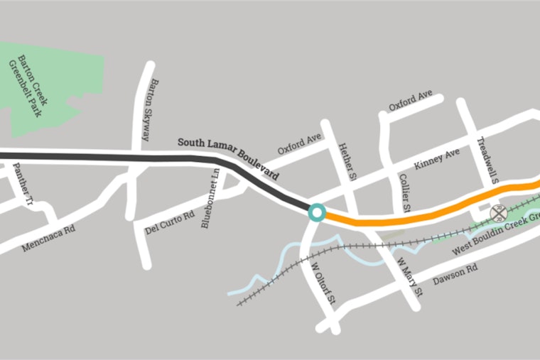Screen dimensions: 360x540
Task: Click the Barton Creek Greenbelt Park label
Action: (33, 85)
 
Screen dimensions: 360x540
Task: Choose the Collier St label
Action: (405, 193)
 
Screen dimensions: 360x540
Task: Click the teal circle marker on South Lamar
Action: (317, 212)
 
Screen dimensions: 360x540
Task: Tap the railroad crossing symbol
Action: (498, 212)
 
